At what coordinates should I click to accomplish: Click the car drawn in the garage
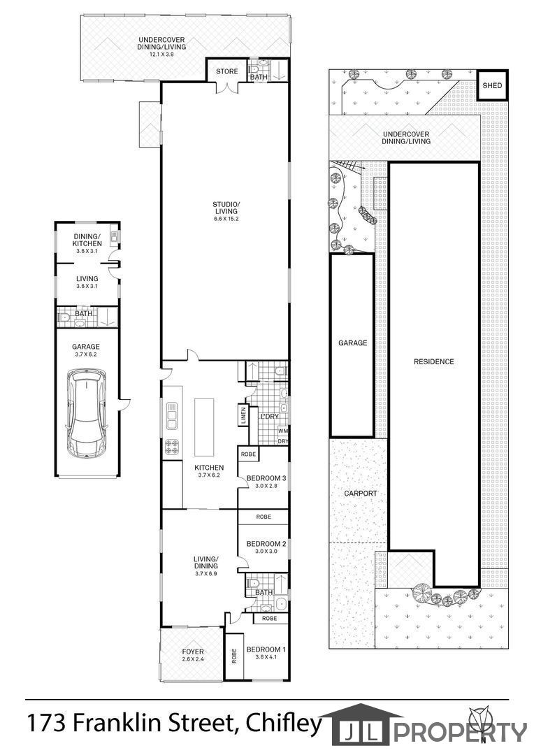click(x=86, y=414)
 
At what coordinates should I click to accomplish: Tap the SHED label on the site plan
click(x=492, y=86)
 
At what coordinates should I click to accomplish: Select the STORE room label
click(x=226, y=71)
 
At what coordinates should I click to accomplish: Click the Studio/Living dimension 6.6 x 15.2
click(x=226, y=218)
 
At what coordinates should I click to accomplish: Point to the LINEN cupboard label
click(x=243, y=416)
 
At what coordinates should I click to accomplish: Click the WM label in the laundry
click(x=282, y=431)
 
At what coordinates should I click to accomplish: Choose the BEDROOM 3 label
click(x=266, y=478)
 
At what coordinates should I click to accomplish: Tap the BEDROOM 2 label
click(x=266, y=544)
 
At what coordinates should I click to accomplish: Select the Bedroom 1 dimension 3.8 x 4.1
click(x=266, y=656)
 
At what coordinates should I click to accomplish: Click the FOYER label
click(x=193, y=652)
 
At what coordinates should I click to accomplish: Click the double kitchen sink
click(x=171, y=415)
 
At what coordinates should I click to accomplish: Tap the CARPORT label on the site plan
click(x=361, y=493)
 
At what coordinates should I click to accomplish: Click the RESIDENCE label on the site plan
click(x=434, y=361)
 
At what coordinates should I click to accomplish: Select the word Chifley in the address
click(x=284, y=724)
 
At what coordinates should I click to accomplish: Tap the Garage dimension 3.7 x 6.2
click(x=86, y=354)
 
